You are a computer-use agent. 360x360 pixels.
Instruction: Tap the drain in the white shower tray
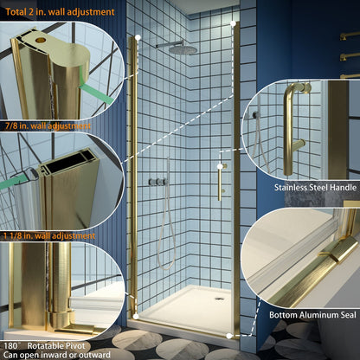click(217, 298)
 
